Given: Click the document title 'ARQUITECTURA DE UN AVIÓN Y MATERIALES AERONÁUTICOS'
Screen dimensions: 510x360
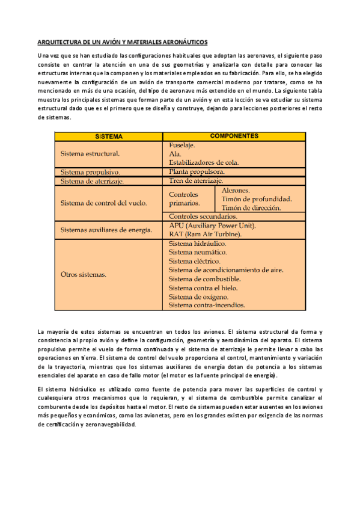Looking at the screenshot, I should [x=123, y=43].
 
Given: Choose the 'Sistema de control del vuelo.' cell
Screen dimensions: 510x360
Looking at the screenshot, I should [x=103, y=203].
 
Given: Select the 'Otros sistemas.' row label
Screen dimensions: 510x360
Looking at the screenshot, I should [x=84, y=275].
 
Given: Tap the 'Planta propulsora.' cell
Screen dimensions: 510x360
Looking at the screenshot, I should [x=200, y=171].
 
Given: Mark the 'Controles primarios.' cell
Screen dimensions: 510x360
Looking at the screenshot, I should [x=188, y=199].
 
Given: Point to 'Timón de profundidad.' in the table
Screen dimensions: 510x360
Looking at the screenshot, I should [x=257, y=198].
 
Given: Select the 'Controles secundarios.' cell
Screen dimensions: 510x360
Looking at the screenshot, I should [x=203, y=216].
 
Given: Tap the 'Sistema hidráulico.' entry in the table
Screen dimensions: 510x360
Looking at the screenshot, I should [x=197, y=244].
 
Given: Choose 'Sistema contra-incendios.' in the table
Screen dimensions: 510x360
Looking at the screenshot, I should [x=207, y=306].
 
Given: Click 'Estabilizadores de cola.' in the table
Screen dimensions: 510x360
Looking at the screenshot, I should [x=204, y=162].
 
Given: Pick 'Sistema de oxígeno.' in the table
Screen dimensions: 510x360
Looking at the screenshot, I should [x=198, y=296].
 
